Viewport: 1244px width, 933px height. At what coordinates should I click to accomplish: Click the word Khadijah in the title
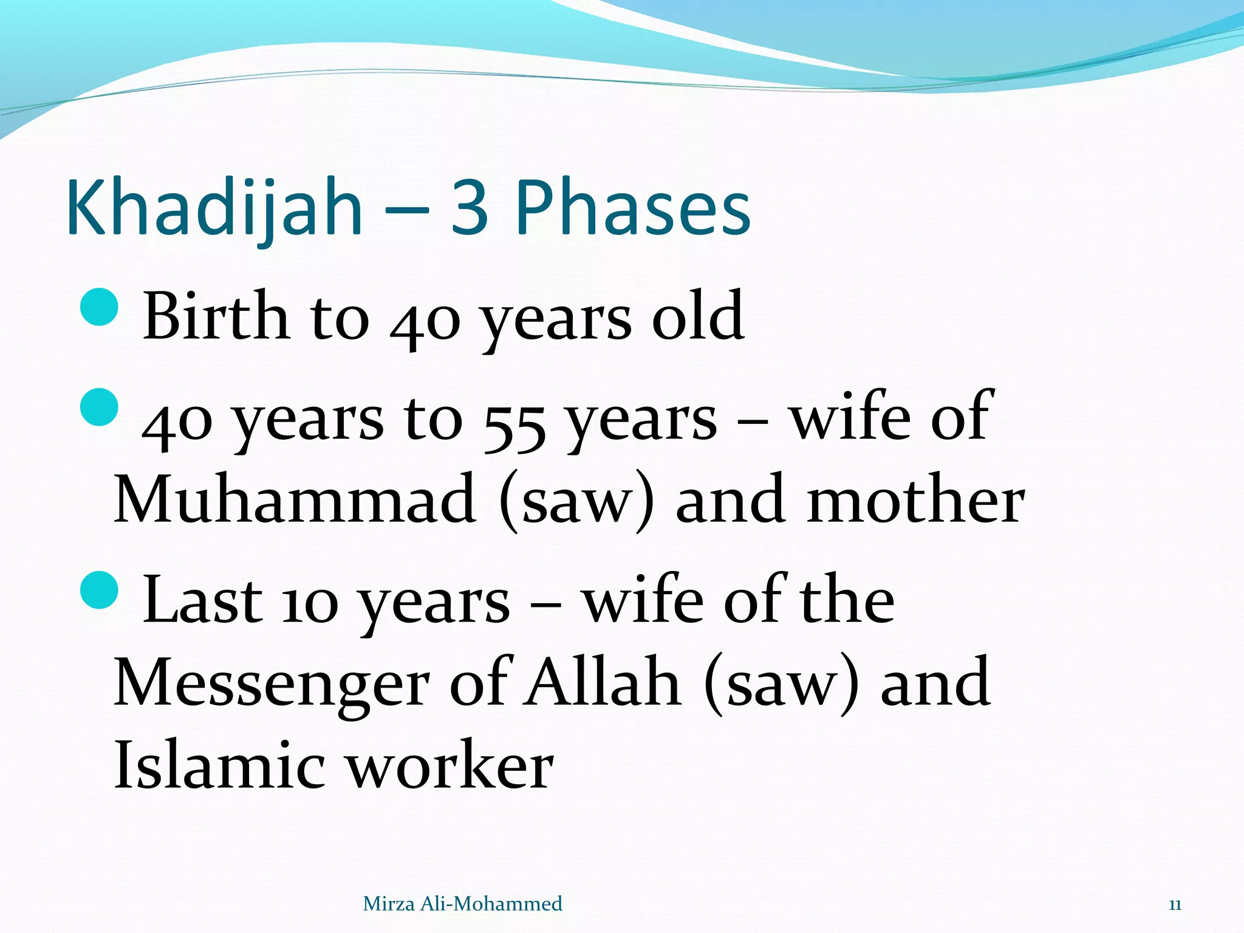(x=214, y=208)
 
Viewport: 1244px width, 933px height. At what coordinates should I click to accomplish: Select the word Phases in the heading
(x=633, y=208)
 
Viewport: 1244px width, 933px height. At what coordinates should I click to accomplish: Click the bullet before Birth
(x=98, y=307)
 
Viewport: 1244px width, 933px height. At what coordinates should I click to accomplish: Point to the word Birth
(x=216, y=316)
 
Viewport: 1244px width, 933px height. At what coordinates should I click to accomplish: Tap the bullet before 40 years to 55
(x=98, y=407)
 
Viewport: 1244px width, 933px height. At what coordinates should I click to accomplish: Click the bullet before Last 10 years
(x=98, y=589)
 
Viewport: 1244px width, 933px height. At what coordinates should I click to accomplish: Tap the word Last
(x=202, y=600)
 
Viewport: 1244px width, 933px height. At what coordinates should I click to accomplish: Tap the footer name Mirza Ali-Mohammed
(x=462, y=904)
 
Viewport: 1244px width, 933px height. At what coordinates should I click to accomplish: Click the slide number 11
(x=1175, y=904)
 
